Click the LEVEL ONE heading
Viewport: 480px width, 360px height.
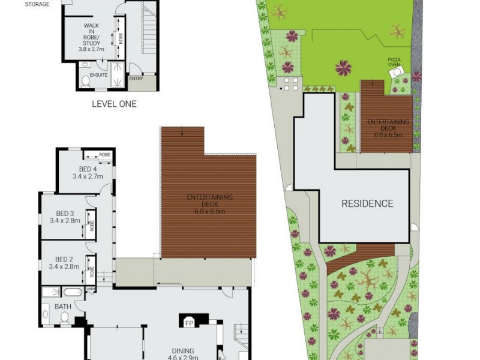[x=114, y=104]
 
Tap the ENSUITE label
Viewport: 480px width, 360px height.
[x=99, y=75]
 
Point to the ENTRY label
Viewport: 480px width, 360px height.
[x=136, y=78]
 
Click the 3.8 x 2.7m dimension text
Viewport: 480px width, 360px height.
[x=92, y=49]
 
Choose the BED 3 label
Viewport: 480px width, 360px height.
[x=65, y=214]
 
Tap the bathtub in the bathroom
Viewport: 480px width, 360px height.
[x=72, y=293]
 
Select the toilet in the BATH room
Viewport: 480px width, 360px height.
[x=64, y=316]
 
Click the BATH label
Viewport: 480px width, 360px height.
[x=63, y=307]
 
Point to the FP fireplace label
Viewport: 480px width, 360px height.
[x=189, y=322]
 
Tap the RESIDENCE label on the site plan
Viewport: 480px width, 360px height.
[x=367, y=203]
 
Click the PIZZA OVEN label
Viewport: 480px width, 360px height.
[x=394, y=61]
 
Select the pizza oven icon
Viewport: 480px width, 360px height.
[x=396, y=73]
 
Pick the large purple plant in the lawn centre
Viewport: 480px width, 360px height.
[x=343, y=67]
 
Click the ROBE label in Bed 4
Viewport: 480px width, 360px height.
[x=105, y=155]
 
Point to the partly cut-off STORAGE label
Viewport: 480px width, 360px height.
[x=37, y=4]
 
